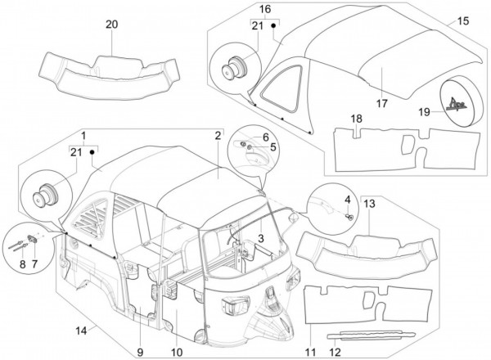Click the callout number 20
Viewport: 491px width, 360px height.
pos(112,25)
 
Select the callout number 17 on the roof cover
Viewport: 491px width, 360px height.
pos(382,103)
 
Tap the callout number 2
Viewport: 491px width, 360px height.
pos(218,134)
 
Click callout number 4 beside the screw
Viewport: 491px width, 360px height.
pos(348,200)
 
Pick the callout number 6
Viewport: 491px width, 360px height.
pos(266,137)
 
